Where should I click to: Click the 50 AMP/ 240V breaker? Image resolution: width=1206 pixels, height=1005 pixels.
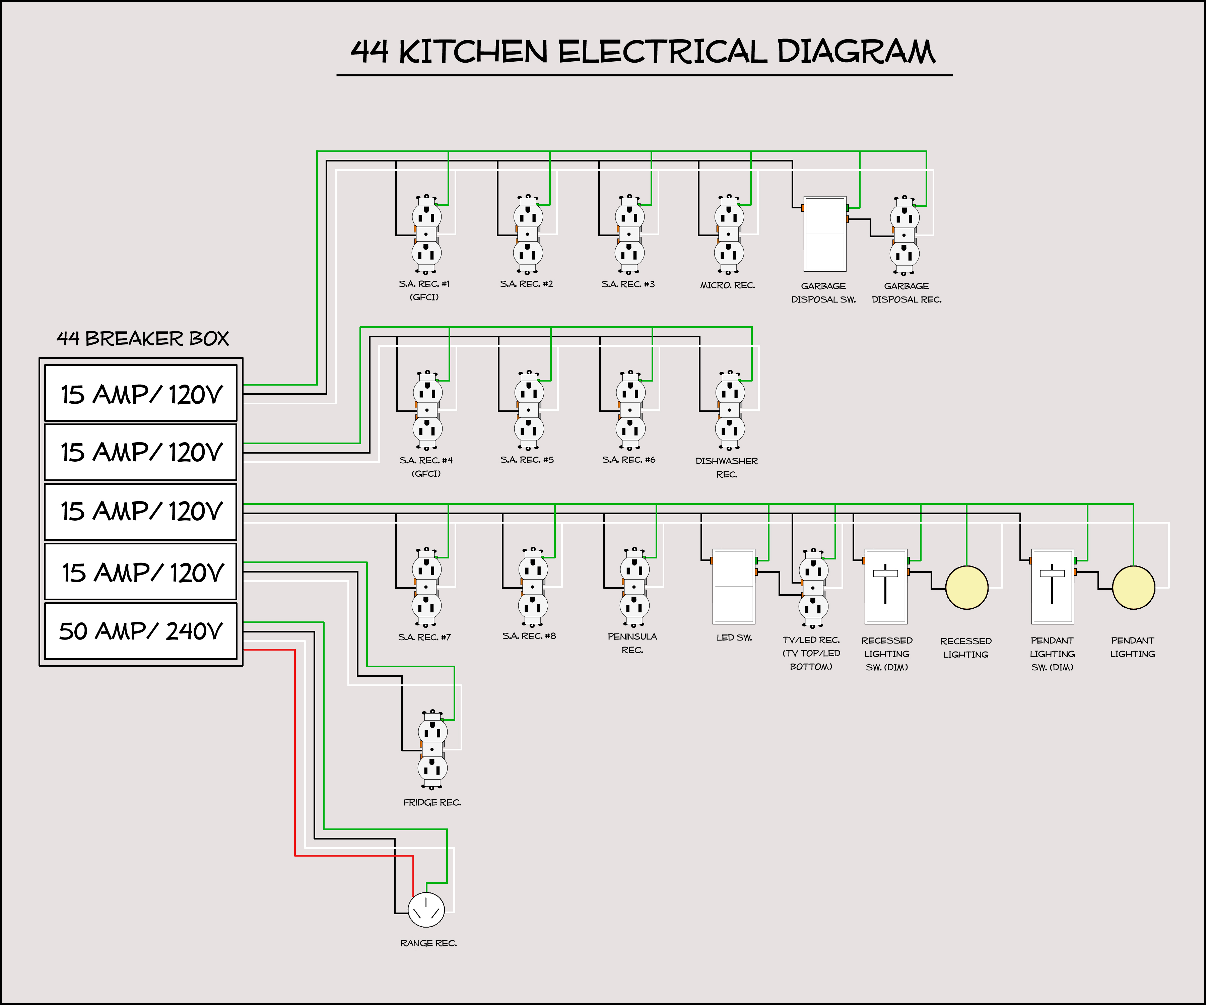[141, 630]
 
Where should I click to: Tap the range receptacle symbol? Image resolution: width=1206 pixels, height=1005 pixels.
[426, 910]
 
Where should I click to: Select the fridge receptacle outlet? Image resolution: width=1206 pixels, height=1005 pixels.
[432, 749]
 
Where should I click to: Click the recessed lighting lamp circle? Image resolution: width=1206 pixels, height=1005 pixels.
[966, 588]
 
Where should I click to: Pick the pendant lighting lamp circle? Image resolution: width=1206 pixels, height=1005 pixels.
[1133, 588]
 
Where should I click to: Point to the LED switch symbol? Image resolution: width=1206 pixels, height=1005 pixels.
[733, 586]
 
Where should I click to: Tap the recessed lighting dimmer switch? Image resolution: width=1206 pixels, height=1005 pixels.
[885, 586]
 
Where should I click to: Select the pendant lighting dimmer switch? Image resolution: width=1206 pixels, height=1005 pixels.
[1052, 586]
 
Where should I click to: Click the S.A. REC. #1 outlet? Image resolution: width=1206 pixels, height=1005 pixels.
[426, 234]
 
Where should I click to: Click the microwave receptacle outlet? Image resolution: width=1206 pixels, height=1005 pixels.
[729, 234]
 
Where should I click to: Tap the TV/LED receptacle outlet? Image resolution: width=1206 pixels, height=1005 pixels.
[813, 588]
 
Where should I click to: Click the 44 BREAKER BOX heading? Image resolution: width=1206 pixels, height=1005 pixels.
[142, 339]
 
